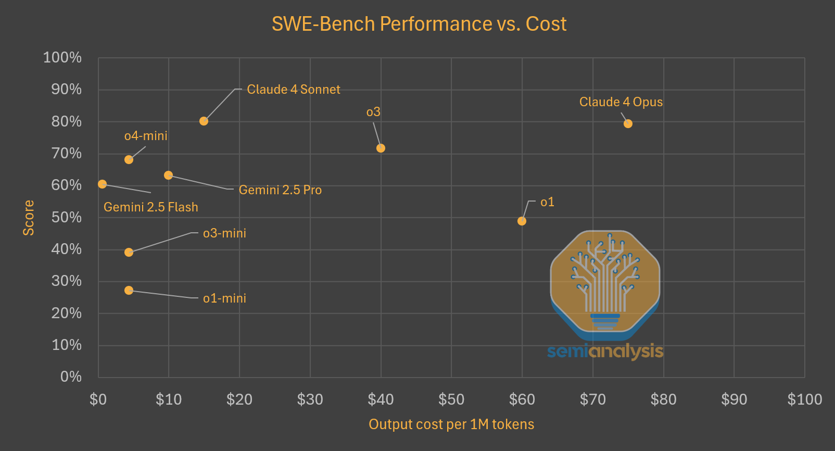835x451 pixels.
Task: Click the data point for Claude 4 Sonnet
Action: [204, 121]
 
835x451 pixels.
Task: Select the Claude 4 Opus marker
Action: [628, 123]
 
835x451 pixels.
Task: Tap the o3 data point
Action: [381, 148]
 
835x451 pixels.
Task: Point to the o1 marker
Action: [522, 221]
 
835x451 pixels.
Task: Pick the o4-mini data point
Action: [129, 159]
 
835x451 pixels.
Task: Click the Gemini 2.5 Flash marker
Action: [102, 184]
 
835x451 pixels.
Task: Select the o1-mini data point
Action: [129, 290]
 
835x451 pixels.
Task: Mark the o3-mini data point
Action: [129, 252]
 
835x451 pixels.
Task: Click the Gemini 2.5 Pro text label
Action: [280, 190]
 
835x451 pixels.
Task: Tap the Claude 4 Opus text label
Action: [621, 102]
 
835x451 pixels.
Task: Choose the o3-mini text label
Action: [224, 233]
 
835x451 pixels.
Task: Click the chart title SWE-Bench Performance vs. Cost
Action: [419, 24]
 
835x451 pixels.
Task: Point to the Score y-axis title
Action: [29, 218]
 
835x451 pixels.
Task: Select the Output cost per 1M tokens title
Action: [451, 424]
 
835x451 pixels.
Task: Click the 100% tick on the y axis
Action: [62, 57]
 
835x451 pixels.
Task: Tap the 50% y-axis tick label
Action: [67, 217]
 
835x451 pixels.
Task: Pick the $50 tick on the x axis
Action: [451, 399]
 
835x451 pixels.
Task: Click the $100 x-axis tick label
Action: [804, 399]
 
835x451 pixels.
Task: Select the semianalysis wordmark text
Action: [605, 352]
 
